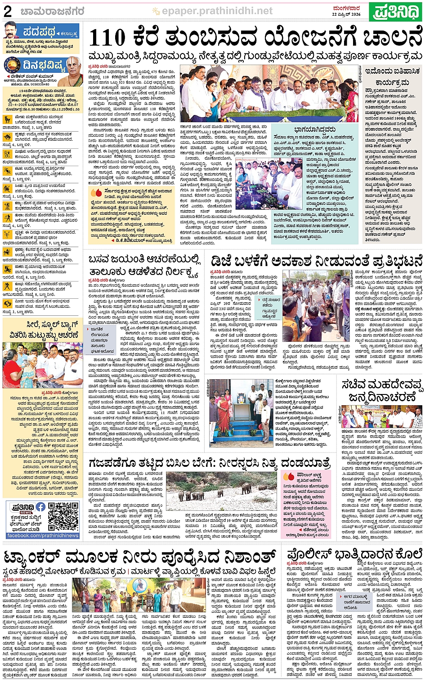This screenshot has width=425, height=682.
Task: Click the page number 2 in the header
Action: tap(8, 11)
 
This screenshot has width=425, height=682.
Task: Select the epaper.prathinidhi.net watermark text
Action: tap(217, 11)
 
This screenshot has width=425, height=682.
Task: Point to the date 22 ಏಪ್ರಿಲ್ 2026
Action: tap(346, 14)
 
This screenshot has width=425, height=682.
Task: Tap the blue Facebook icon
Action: tap(40, 507)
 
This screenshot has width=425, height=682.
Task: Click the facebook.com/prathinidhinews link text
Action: tap(43, 536)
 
